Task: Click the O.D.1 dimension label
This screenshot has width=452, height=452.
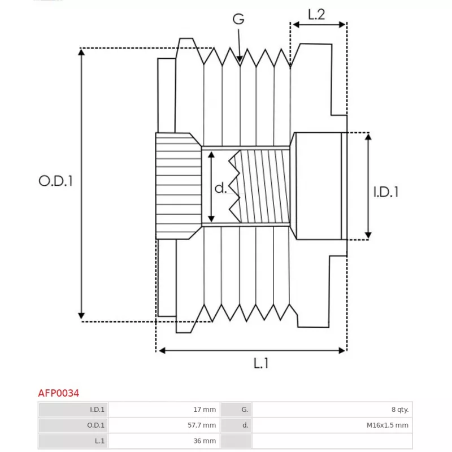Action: tap(55, 181)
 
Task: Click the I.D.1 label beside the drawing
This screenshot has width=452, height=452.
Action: tap(386, 192)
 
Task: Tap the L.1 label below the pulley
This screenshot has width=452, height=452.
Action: tap(261, 363)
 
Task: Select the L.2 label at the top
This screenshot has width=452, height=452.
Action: tap(316, 15)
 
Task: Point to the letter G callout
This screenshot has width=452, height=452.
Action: tap(238, 19)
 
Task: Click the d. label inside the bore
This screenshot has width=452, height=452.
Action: tap(220, 188)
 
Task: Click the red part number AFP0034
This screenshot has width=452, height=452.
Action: tap(59, 393)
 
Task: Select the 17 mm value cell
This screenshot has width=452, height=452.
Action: tap(164, 409)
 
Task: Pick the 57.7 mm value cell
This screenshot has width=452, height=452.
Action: tap(164, 425)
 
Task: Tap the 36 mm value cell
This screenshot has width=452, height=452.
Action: tap(164, 441)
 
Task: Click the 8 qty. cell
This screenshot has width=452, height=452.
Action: tap(332, 409)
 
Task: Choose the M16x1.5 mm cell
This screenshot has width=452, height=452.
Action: tap(332, 425)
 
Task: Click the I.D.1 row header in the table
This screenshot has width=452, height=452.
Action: tap(73, 409)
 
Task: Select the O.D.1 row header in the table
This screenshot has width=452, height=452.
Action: tap(73, 425)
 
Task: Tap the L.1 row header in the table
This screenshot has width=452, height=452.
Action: tap(73, 441)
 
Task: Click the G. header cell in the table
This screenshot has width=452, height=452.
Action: tap(236, 409)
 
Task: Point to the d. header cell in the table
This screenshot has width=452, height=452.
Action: tap(236, 425)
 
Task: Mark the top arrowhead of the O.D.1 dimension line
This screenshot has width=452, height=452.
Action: tap(81, 52)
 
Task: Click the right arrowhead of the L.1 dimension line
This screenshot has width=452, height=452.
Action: tap(342, 350)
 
